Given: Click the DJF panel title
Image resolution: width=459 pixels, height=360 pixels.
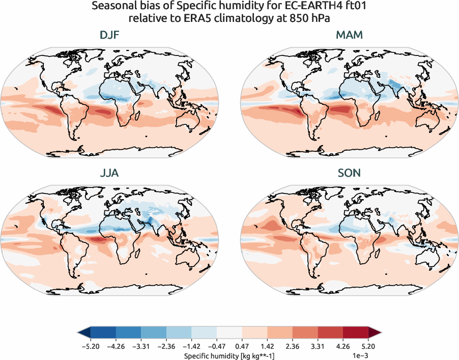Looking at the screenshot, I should pos(110,36).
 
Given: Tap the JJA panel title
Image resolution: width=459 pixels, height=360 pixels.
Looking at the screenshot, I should pos(110,173).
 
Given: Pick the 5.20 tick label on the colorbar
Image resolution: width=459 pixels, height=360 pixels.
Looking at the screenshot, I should pos(369,346).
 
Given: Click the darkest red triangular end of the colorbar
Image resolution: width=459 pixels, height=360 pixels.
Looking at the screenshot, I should pos(376,334).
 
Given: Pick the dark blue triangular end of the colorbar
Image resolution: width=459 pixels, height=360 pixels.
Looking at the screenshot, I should pos(83,334).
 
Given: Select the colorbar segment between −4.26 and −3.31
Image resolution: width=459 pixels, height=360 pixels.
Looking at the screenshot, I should pos(127,334).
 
